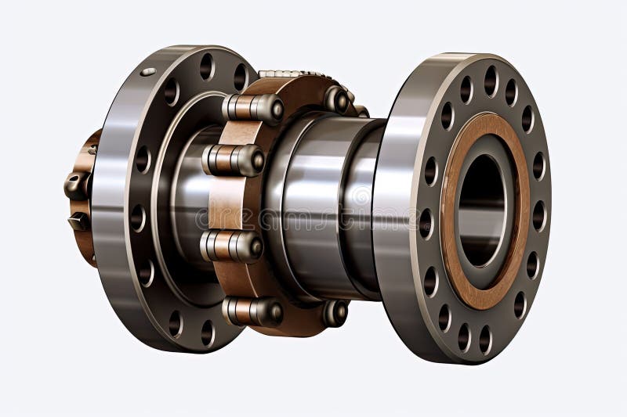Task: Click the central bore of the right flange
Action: [480, 210]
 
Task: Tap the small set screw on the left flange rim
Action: [148, 72]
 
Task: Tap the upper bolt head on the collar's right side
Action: [337, 99]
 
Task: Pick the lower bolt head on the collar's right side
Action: [335, 313]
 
